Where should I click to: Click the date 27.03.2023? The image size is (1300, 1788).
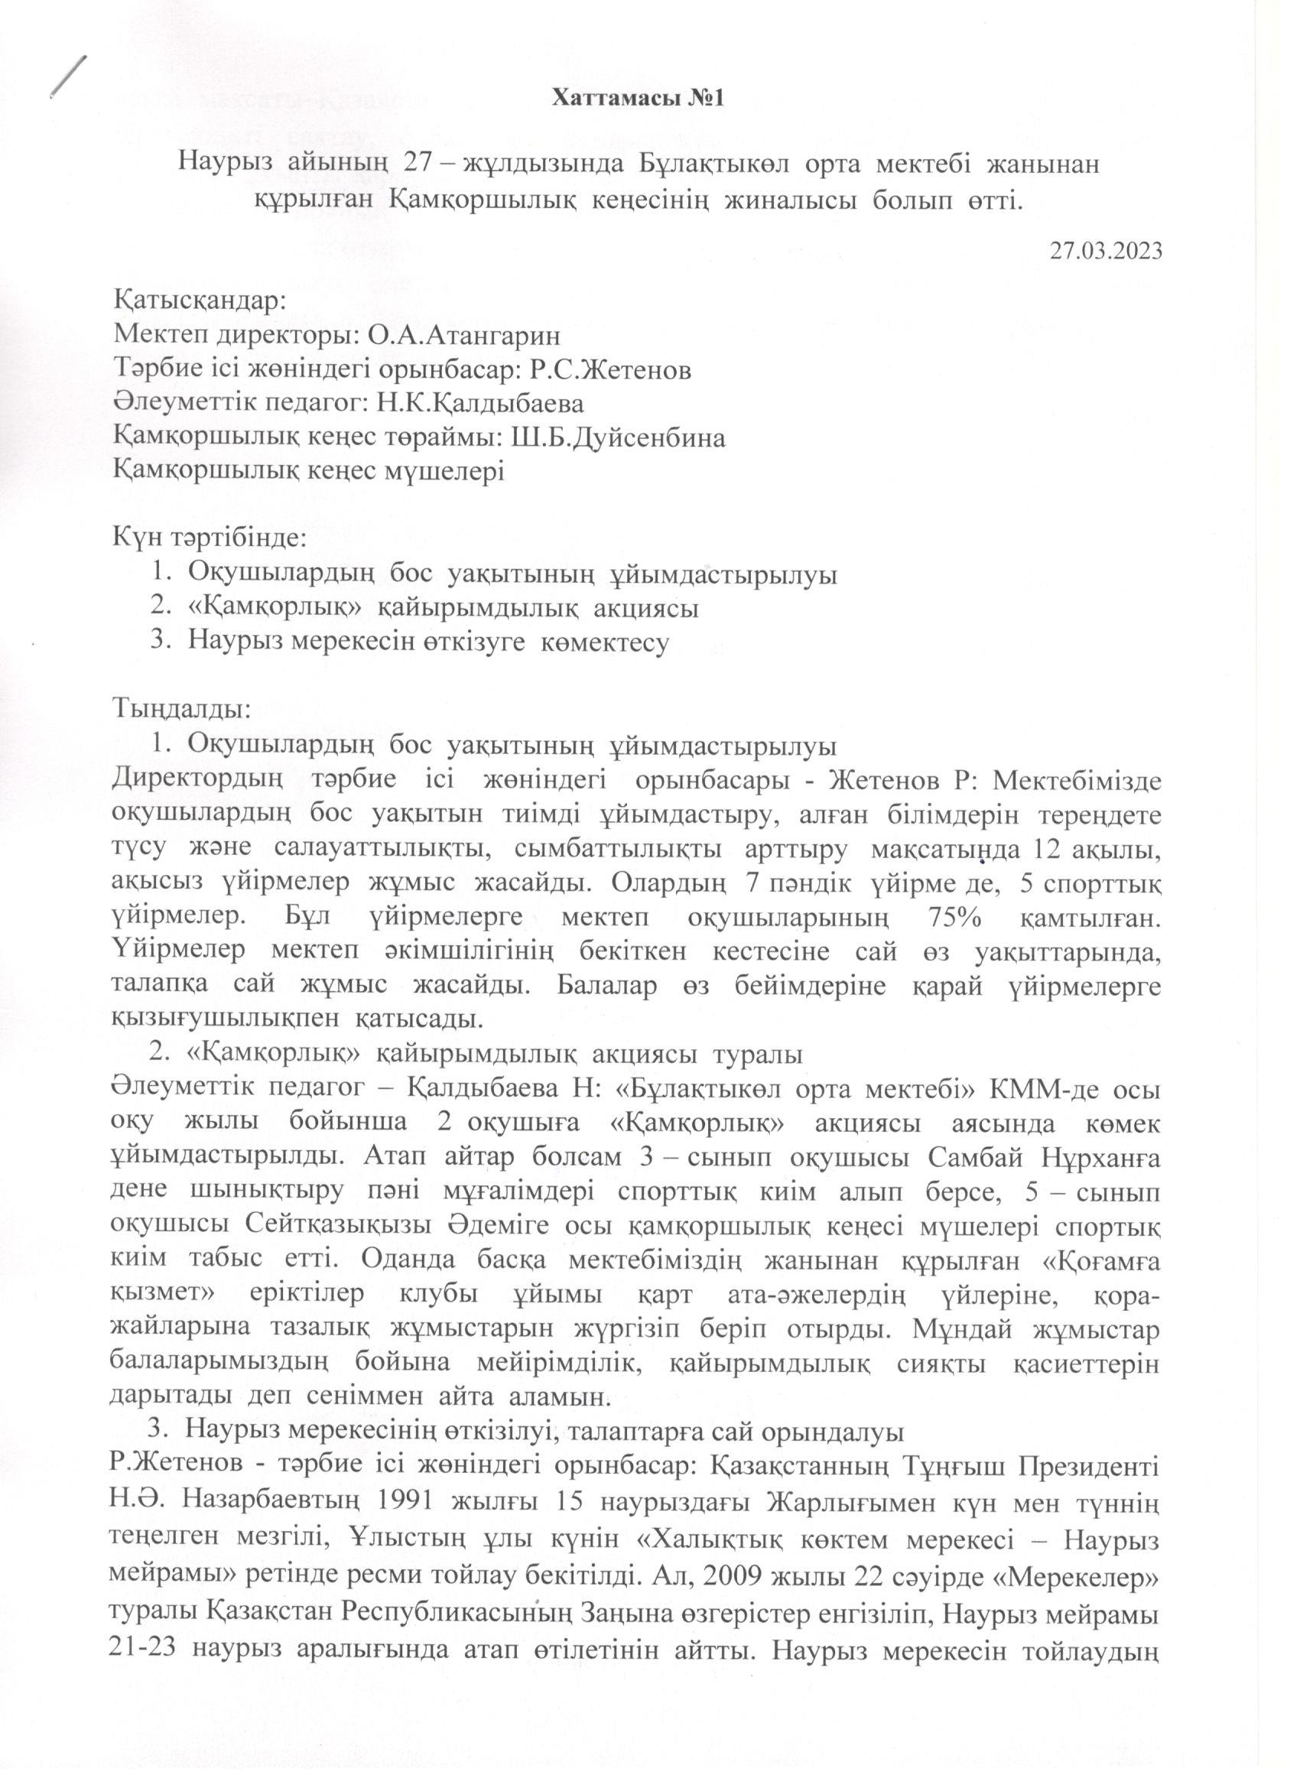tap(1106, 251)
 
